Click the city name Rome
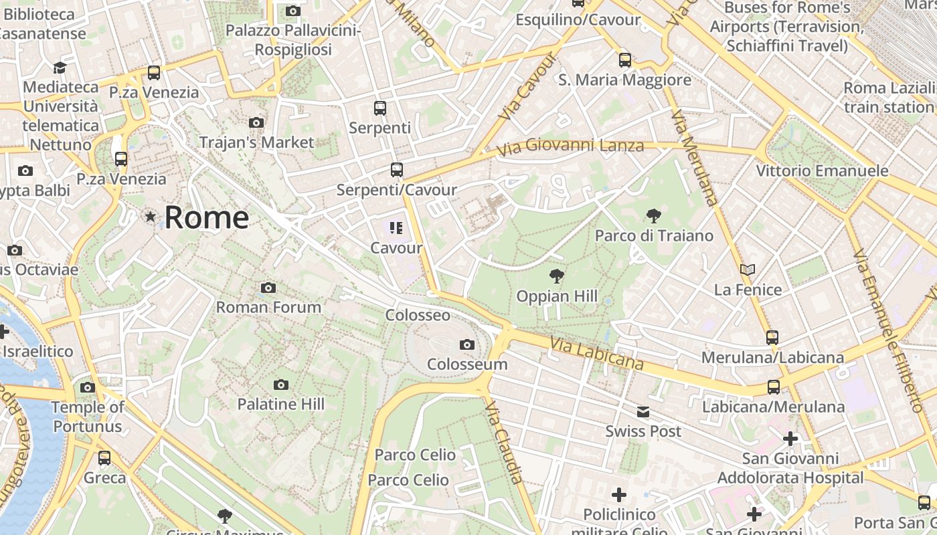tap(206, 217)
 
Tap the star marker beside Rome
tap(151, 216)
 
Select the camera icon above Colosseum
tap(467, 345)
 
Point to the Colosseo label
tap(418, 315)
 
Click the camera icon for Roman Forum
tap(268, 288)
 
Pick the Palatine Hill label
tap(281, 404)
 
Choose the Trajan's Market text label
tap(256, 142)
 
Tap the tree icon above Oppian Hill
tap(556, 276)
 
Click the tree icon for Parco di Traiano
tap(654, 216)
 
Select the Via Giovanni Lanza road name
tap(571, 145)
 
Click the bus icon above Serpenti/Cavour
tap(397, 170)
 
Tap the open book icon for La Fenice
tap(748, 270)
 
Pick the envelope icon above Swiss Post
tap(643, 411)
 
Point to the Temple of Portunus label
tap(88, 417)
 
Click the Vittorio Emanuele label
tap(822, 171)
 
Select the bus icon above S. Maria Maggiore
tap(625, 60)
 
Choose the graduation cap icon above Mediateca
tap(60, 68)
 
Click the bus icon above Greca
tap(104, 458)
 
